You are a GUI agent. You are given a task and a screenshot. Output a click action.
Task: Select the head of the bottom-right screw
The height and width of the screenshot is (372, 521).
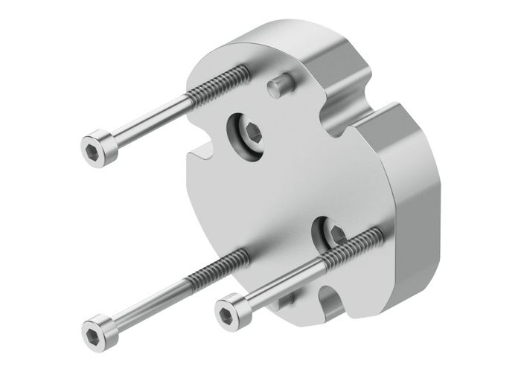230,309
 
